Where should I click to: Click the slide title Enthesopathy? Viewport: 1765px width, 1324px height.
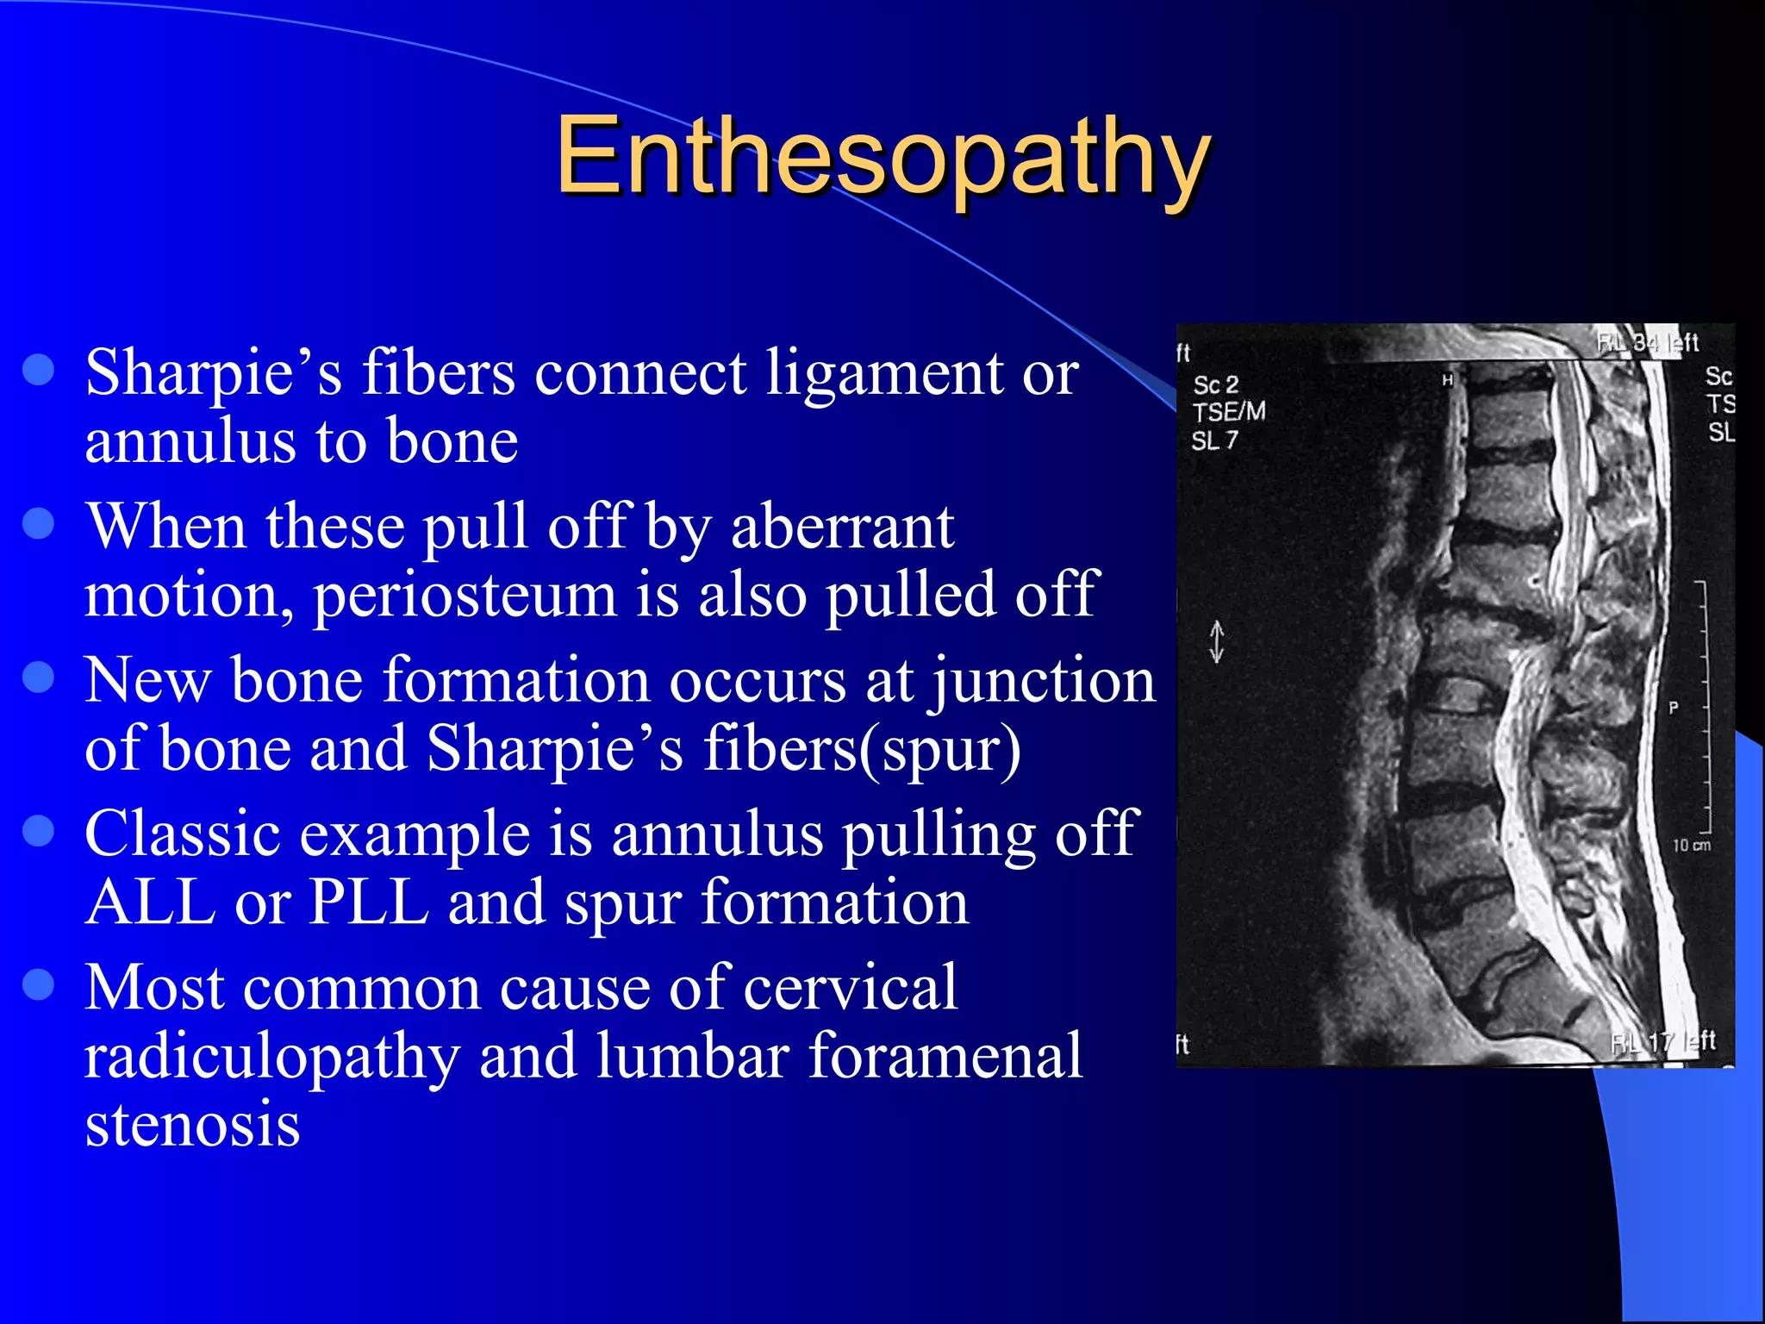coord(882,157)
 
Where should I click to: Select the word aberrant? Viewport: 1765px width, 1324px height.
coord(842,527)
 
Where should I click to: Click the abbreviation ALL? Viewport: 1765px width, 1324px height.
coord(150,902)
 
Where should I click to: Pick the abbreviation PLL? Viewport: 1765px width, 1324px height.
coord(369,902)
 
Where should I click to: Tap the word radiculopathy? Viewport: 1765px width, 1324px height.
coord(271,1057)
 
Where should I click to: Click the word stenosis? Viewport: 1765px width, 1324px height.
coord(192,1124)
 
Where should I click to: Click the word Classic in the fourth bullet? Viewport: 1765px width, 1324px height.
coord(182,834)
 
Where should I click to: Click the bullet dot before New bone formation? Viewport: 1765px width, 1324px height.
coord(39,677)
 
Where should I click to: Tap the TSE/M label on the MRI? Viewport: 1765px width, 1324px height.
coord(1229,412)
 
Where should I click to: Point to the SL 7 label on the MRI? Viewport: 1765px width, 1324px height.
coord(1214,440)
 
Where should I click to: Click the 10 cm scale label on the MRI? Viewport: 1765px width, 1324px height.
coord(1691,846)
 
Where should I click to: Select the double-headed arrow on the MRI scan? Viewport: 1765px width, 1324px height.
coord(1216,641)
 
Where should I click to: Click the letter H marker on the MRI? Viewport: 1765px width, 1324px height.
coord(1448,379)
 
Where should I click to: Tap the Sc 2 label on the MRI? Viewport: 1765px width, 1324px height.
coord(1215,384)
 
